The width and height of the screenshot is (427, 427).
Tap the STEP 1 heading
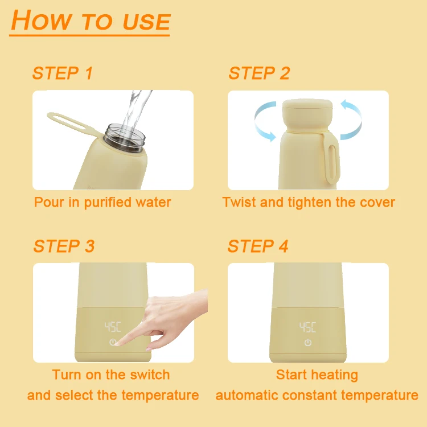coord(63,73)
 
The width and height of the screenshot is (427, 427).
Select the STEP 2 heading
coord(259,73)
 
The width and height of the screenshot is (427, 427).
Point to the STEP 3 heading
coord(64,246)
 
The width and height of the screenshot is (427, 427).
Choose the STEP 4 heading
coord(257,246)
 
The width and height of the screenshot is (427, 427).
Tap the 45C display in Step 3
coord(113,327)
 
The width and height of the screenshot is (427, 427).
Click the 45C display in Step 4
coord(307,327)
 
